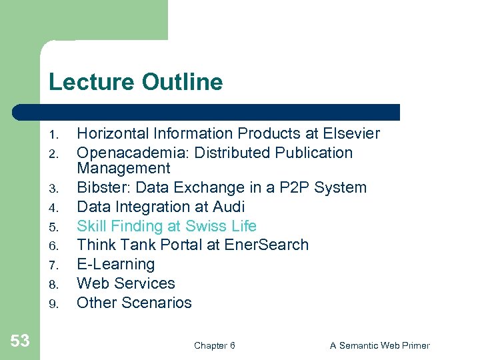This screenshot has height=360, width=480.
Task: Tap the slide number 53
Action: (20, 341)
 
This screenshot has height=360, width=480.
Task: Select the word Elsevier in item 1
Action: (351, 133)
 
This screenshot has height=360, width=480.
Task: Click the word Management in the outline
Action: (124, 168)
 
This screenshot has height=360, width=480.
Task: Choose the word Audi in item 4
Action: (230, 207)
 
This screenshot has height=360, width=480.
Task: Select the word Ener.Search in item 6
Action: (266, 245)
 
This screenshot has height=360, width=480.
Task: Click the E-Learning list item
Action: (116, 264)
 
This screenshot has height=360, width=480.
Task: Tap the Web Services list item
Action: (126, 283)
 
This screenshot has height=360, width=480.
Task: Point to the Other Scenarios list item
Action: (134, 303)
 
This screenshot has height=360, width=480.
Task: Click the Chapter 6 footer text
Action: (214, 345)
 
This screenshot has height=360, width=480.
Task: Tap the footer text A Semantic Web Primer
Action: (380, 345)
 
